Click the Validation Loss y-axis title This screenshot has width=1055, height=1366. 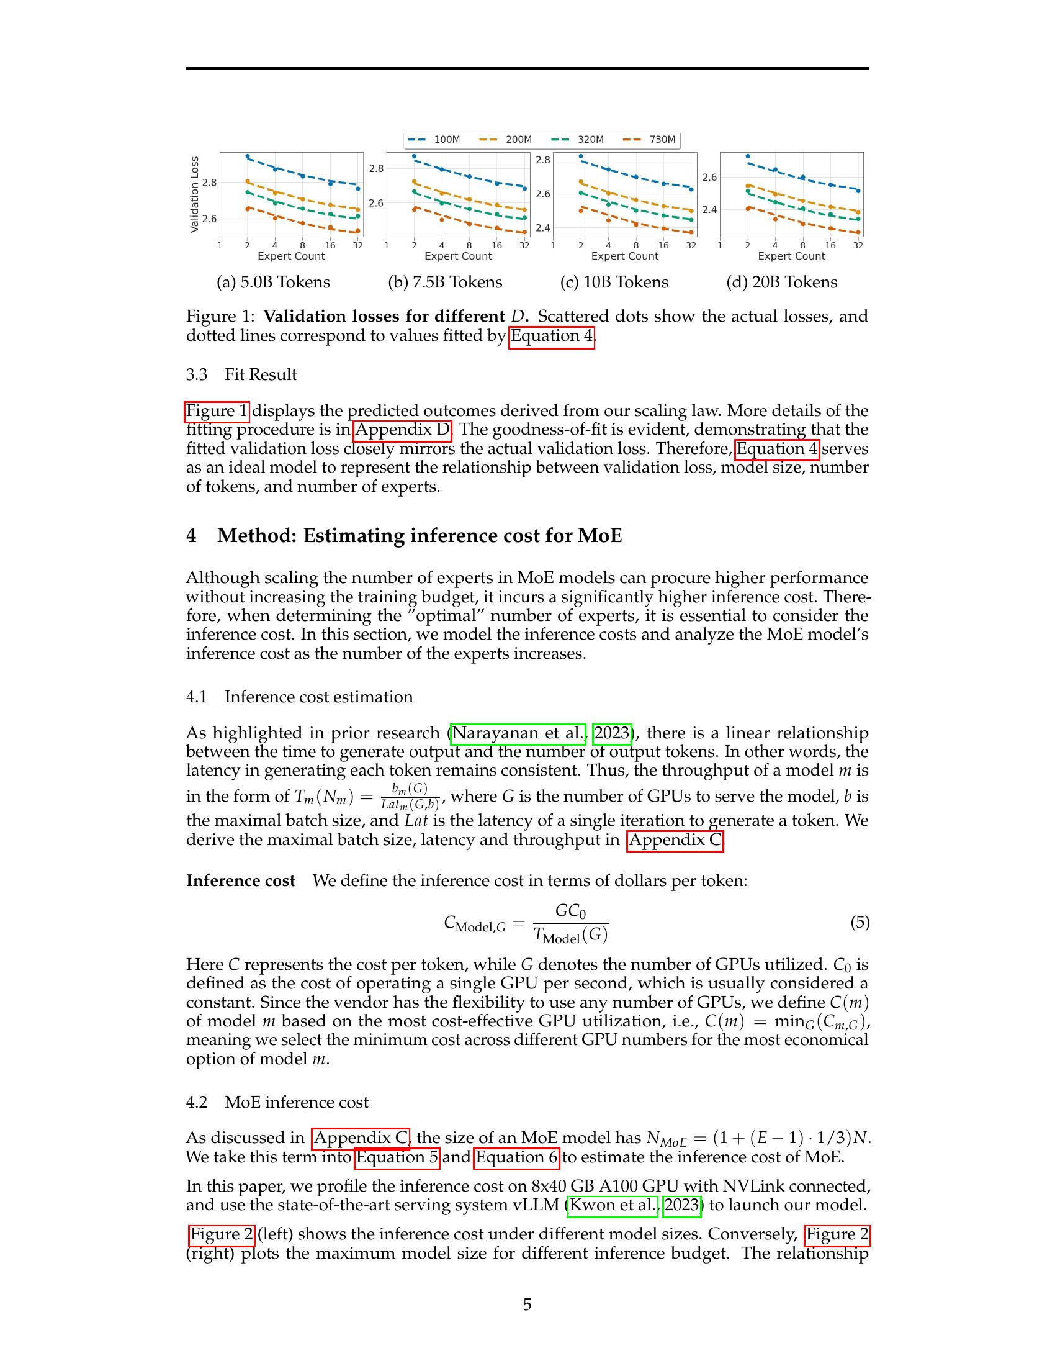[x=194, y=194]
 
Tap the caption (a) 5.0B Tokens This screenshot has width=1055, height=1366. [x=273, y=282]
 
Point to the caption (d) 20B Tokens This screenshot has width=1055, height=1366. [x=781, y=282]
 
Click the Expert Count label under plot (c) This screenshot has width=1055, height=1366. [x=624, y=256]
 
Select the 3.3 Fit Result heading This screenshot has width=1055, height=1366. [x=241, y=374]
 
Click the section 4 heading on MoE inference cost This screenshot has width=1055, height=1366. [x=404, y=535]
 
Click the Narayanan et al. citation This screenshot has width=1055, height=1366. [x=518, y=733]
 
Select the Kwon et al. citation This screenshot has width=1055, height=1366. [x=613, y=1205]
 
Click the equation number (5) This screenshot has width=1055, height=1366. [x=860, y=922]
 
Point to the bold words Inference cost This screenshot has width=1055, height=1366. [x=241, y=880]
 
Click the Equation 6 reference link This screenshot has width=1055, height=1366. [x=517, y=1157]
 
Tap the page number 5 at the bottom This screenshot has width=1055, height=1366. [x=527, y=1304]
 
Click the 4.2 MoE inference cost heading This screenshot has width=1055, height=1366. [x=277, y=1102]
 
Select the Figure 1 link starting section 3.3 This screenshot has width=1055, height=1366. [x=217, y=411]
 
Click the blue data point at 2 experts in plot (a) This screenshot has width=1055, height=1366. [x=248, y=156]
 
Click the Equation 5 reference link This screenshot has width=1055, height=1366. [x=398, y=1157]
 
